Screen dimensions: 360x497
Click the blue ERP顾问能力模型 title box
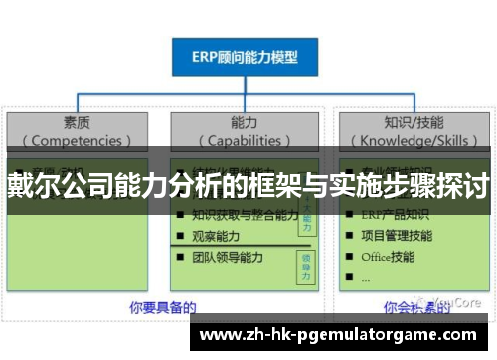tap(245, 56)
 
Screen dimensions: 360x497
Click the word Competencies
tap(77, 140)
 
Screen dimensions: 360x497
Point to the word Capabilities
tap(244, 140)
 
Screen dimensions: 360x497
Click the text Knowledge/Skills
tap(412, 140)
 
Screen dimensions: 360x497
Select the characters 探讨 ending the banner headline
tap(466, 184)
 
